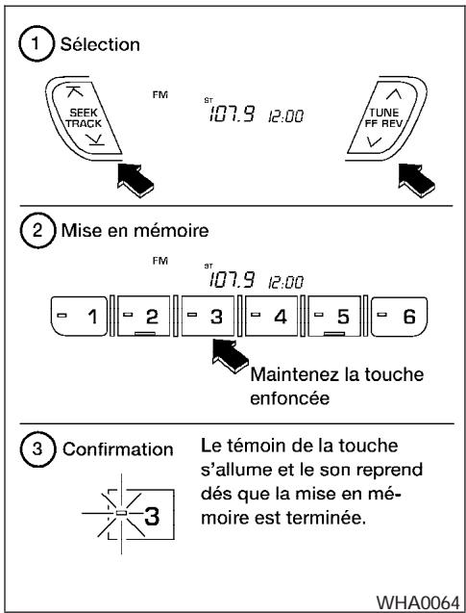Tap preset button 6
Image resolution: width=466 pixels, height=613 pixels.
tap(401, 315)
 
